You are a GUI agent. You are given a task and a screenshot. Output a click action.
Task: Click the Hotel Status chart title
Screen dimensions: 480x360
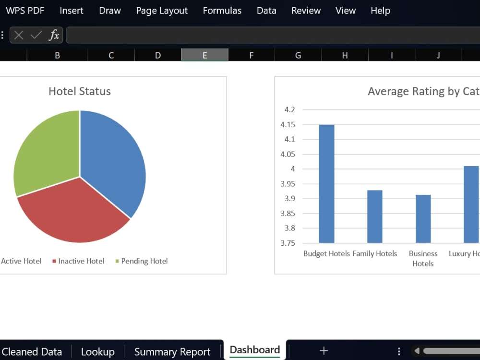click(80, 91)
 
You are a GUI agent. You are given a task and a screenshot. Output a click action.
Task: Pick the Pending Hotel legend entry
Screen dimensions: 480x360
click(142, 261)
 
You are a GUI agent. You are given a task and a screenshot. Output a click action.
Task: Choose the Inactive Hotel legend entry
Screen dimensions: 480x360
click(78, 261)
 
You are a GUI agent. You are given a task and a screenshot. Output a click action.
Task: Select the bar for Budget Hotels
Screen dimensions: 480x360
click(326, 184)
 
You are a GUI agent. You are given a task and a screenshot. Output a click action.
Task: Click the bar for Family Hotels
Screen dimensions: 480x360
click(375, 217)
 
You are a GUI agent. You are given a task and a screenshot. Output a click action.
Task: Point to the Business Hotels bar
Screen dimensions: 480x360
click(423, 219)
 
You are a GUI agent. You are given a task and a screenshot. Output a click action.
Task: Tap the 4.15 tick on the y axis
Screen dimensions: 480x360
click(288, 125)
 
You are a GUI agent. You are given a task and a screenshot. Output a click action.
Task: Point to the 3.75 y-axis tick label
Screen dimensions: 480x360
click(288, 243)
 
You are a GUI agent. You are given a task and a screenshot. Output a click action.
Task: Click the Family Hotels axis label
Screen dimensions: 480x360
click(375, 253)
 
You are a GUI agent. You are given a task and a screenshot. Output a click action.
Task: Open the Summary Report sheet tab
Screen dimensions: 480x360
click(172, 352)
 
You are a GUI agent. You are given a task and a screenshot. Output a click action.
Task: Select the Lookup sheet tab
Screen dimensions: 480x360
click(97, 352)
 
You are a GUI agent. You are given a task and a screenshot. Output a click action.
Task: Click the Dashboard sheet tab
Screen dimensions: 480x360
click(255, 350)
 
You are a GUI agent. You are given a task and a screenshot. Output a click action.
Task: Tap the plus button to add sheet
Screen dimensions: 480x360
click(324, 350)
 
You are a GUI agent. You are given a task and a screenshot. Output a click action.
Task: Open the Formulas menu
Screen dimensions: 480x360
click(222, 11)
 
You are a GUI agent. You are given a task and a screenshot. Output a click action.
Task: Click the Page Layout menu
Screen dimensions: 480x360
click(162, 11)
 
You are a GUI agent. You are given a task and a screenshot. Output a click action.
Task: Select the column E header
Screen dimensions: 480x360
click(204, 55)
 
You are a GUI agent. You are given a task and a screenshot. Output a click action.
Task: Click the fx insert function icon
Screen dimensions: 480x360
click(54, 35)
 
